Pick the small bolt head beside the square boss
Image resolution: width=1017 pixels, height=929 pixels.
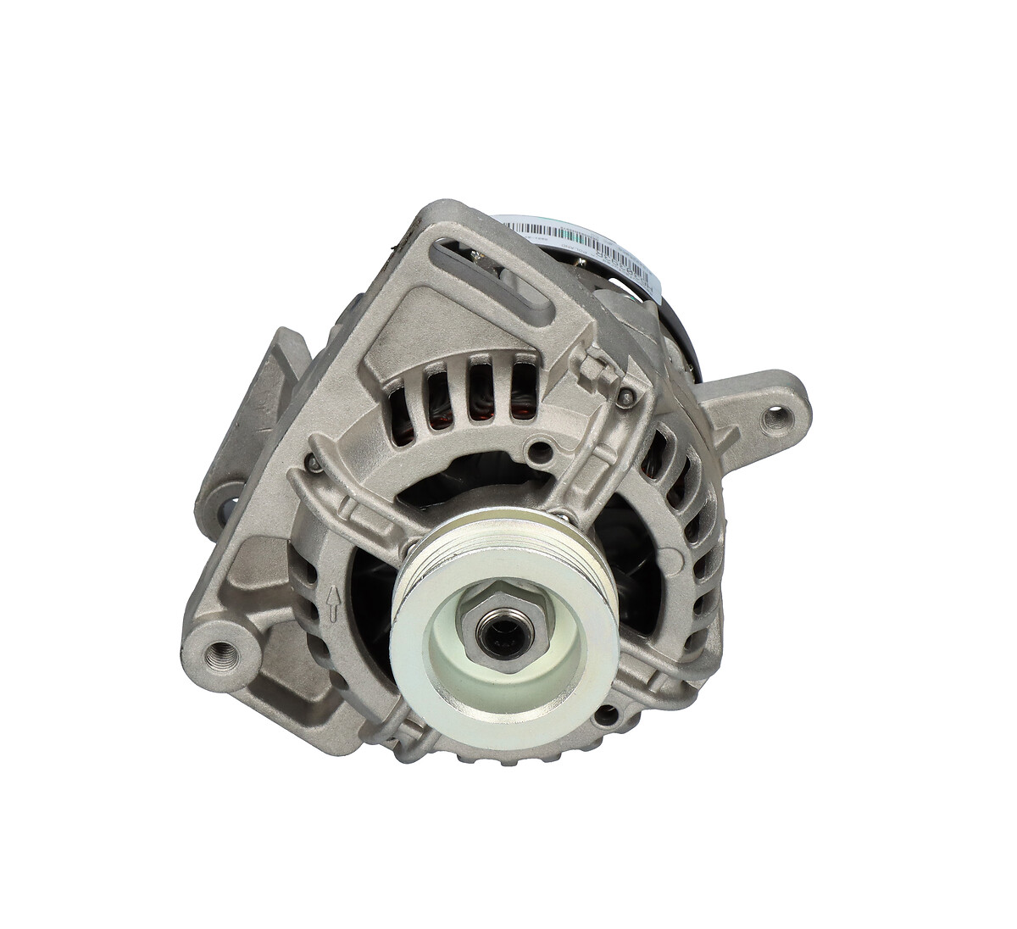coord(626,397)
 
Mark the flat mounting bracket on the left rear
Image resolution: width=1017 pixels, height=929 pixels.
coord(246,441)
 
